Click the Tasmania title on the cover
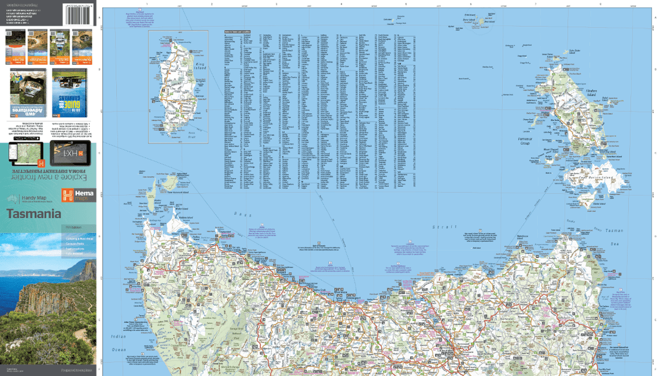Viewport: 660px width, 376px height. coord(34,215)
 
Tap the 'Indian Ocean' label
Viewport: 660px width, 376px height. coord(117,342)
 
